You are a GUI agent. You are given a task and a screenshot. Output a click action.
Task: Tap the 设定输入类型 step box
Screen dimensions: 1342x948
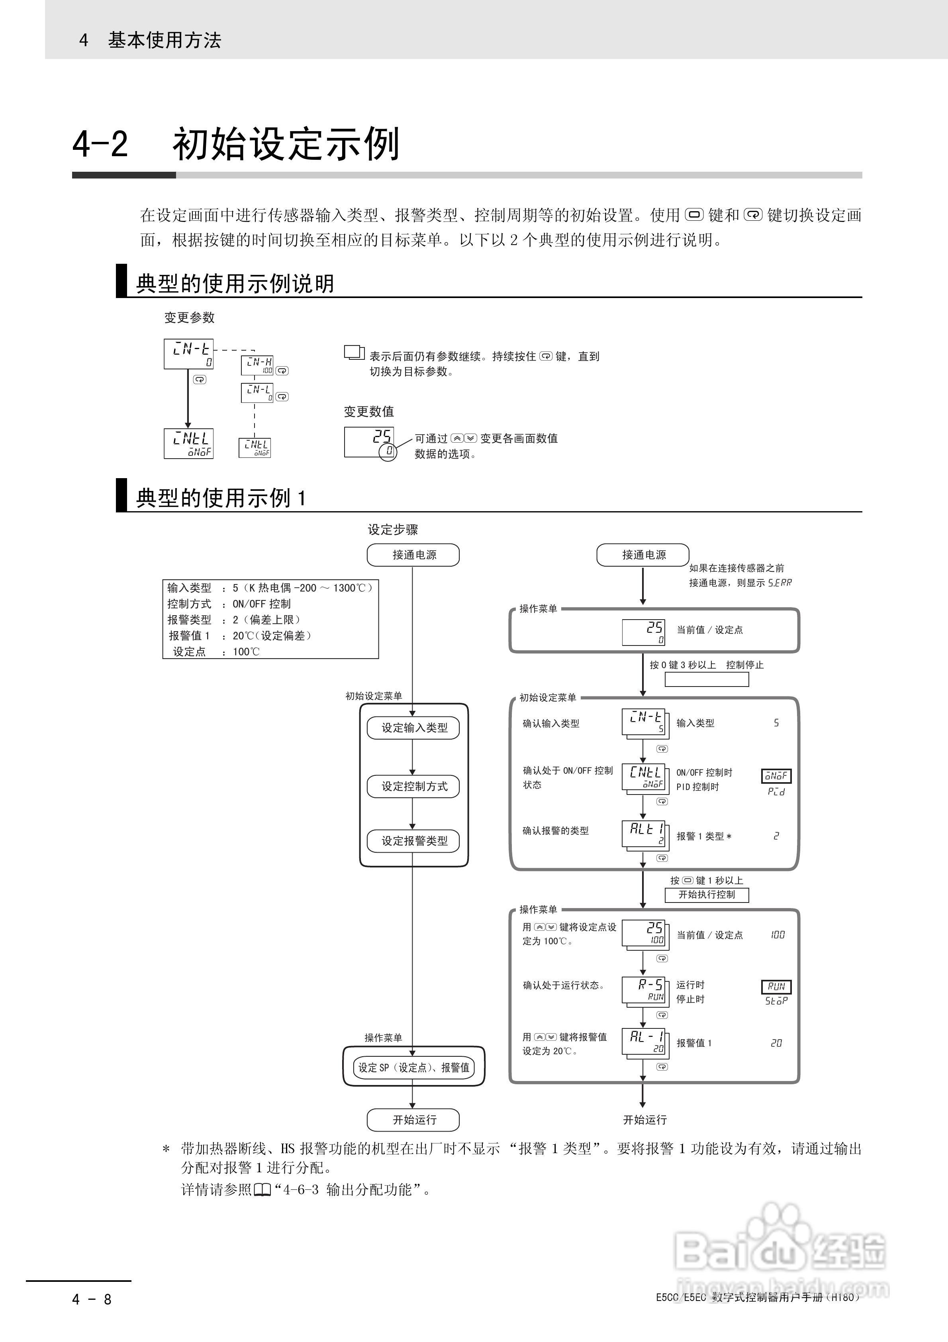413,728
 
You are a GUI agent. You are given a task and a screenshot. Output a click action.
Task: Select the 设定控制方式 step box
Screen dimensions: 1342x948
413,786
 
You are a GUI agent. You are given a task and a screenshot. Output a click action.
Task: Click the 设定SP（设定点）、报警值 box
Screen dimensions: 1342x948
413,1067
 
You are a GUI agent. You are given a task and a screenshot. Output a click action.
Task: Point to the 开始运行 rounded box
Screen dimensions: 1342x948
413,1120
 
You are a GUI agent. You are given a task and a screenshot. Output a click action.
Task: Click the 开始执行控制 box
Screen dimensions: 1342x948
706,895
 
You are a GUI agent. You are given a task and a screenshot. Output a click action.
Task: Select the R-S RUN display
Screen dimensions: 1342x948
644,990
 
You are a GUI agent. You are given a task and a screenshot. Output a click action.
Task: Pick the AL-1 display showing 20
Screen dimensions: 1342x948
644,1042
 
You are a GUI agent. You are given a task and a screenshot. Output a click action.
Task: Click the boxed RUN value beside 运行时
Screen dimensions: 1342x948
776,987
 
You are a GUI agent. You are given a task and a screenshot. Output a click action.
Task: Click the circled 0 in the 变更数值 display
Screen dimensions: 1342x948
388,451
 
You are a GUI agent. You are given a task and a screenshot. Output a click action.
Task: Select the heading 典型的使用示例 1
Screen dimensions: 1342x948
220,498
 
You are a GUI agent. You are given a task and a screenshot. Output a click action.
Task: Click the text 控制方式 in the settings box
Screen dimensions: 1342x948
189,604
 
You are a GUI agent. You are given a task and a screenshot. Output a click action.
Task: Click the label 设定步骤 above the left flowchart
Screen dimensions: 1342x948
393,530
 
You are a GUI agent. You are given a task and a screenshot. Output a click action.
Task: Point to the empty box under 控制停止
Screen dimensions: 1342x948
706,679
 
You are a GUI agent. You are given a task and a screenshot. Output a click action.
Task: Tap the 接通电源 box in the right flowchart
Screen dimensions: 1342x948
643,555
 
